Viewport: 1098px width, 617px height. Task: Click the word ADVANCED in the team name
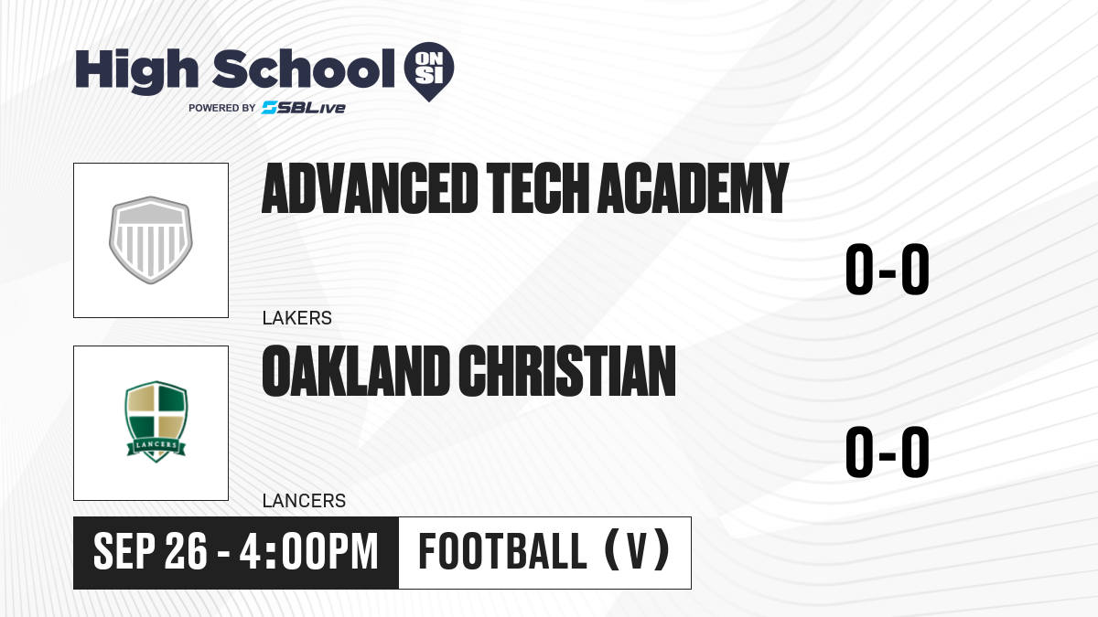pos(370,188)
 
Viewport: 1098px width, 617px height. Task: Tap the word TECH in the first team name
pos(537,188)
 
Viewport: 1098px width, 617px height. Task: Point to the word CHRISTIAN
pos(567,371)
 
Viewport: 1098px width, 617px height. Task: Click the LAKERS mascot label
pos(297,318)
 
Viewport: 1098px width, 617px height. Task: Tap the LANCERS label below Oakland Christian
pos(304,501)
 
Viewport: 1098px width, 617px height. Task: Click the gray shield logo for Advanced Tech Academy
pos(151,239)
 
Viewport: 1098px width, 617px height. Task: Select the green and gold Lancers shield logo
pos(156,421)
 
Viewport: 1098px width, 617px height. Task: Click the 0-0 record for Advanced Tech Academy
pos(888,270)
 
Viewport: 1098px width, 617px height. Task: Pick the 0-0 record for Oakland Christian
pos(888,452)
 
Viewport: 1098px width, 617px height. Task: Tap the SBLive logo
pos(304,108)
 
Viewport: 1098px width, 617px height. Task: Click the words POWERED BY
pos(222,108)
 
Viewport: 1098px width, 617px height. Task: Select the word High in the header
pos(136,71)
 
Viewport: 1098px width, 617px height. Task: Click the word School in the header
pos(304,69)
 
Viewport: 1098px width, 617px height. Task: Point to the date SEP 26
pos(150,551)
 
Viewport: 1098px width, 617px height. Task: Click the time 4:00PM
pos(309,551)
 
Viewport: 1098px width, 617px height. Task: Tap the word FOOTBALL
pos(502,551)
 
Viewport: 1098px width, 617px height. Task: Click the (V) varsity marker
pos(637,550)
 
